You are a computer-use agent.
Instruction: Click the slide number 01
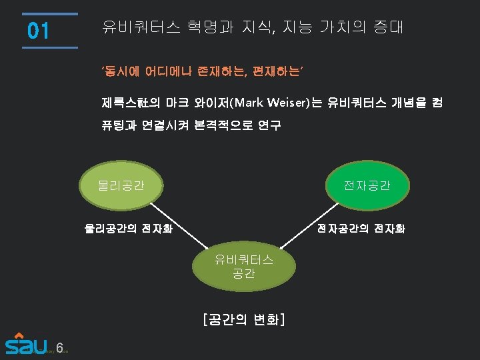click(39, 31)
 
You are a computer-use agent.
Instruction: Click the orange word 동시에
click(119, 70)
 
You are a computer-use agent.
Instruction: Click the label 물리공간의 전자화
click(128, 228)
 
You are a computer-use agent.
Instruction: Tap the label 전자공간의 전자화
click(361, 228)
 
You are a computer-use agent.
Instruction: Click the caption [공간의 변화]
click(243, 319)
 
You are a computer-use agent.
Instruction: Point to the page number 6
click(59, 347)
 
